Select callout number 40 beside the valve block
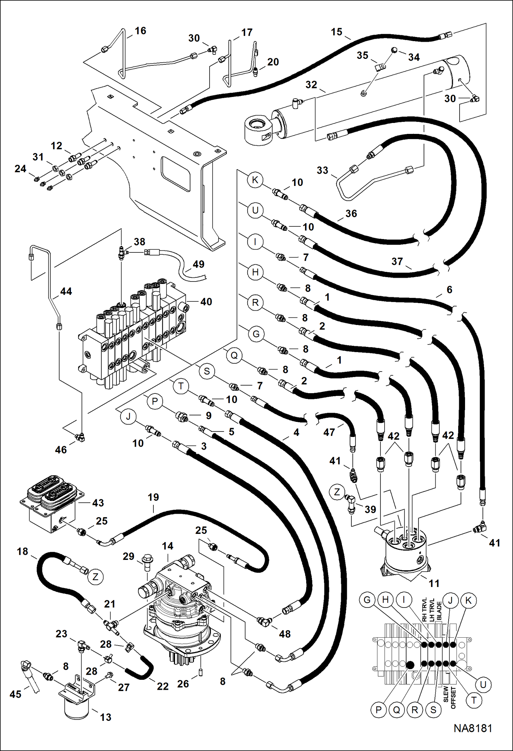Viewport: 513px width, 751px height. coord(206,302)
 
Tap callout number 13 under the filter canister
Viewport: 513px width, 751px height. coord(105,717)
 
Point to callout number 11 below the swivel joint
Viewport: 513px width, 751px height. coord(434,583)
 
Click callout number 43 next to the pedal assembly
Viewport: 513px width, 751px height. coord(98,503)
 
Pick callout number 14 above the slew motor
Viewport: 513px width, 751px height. coord(167,546)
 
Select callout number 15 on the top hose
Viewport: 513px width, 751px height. coord(336,32)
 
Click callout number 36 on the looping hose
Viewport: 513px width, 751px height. coord(351,213)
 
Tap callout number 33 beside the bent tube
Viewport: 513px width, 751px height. coord(322,170)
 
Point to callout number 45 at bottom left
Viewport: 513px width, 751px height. coord(15,694)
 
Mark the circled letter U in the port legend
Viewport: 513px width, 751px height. coord(483,685)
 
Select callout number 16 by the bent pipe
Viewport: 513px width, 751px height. coord(140,31)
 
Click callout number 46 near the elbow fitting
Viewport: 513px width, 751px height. coord(61,450)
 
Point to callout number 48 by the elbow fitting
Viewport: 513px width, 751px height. coord(285,634)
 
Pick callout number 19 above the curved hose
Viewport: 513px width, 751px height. coord(153,497)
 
